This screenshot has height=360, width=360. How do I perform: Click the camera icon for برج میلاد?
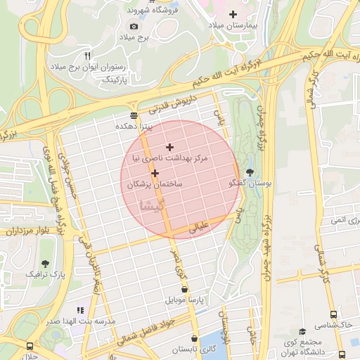(134, 26)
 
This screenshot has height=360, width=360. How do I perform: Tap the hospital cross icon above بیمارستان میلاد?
(233, 14)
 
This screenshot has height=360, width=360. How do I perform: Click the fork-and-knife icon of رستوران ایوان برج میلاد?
(87, 56)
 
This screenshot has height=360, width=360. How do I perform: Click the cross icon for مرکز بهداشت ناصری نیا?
(169, 147)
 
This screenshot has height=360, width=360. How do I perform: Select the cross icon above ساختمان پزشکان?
(155, 172)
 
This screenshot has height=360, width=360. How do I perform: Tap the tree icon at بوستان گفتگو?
(250, 172)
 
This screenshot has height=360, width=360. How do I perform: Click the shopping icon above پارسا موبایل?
(184, 288)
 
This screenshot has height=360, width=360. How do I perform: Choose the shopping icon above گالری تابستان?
(194, 337)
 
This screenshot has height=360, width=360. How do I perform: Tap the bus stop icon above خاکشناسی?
(333, 314)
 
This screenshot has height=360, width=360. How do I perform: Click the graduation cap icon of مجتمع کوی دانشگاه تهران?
(303, 331)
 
